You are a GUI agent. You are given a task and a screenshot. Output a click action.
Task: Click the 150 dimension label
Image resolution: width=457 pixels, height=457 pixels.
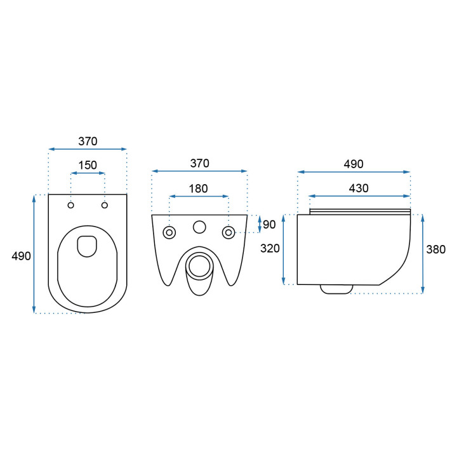click(88, 165)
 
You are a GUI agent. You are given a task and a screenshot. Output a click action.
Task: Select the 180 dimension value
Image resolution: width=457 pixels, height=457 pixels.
click(199, 189)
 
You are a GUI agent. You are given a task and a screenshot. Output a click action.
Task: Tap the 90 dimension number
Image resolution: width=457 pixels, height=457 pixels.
click(269, 224)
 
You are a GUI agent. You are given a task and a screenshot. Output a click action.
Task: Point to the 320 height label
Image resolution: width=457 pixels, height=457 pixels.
click(270, 248)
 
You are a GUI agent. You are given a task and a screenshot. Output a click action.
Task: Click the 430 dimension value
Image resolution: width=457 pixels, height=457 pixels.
click(359, 188)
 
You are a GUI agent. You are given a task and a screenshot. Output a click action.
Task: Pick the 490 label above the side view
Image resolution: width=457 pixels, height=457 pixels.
click(354, 164)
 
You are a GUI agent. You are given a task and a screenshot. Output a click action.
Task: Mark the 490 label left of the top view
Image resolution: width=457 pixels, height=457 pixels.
click(21, 255)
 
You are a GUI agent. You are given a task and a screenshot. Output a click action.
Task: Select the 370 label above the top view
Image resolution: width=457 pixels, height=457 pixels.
click(88, 141)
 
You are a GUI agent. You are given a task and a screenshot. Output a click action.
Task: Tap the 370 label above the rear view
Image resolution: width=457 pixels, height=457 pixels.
click(199, 163)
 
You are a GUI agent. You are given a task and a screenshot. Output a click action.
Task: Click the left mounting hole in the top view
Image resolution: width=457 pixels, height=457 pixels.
click(71, 205)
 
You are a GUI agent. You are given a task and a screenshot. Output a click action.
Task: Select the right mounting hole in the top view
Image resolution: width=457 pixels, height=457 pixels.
click(105, 205)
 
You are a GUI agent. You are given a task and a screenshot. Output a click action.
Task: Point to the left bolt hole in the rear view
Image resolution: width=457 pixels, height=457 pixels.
click(169, 232)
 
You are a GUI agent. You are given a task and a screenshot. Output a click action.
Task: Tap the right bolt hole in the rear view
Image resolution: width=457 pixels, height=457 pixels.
click(228, 232)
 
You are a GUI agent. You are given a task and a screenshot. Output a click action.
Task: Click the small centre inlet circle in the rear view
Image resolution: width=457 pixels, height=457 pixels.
click(199, 227)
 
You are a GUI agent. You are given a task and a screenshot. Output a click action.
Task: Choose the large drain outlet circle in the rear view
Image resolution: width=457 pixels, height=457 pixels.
click(199, 265)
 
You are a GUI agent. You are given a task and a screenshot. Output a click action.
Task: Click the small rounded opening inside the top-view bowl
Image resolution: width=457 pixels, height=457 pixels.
click(87, 246)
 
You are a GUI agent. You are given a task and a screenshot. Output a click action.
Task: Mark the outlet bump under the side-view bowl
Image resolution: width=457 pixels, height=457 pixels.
click(336, 289)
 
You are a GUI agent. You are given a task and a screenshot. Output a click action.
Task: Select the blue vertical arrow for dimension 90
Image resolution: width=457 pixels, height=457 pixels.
click(258, 224)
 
